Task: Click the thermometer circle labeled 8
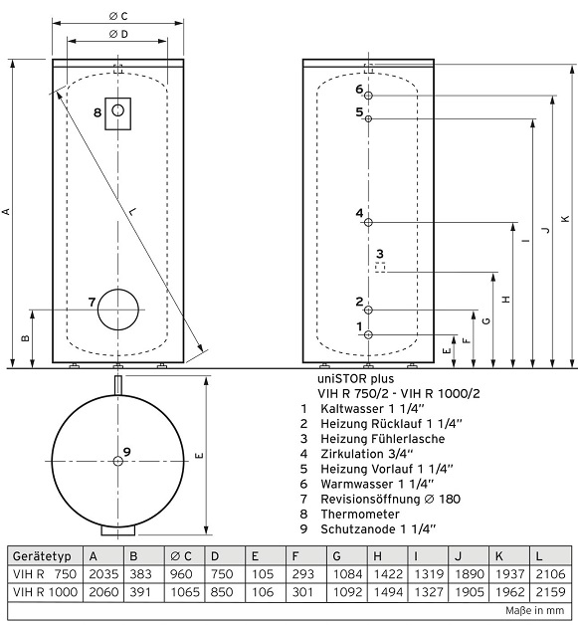point(118,104)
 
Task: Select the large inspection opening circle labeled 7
point(97,310)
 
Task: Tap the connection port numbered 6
point(368,96)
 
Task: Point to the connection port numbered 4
point(368,222)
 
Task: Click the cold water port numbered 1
point(368,334)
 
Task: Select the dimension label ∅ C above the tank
point(118,16)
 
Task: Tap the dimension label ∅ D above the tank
point(118,34)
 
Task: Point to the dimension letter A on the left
point(6,211)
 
